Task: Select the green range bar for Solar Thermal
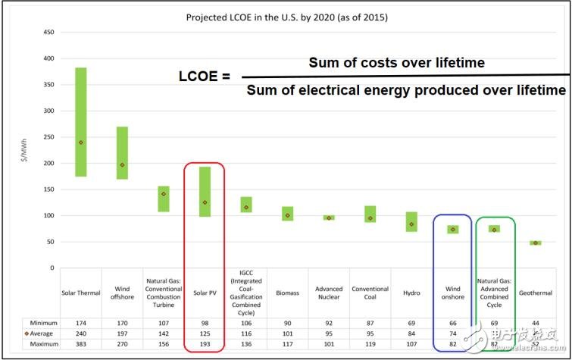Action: coord(80,122)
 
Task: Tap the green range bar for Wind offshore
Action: coord(122,153)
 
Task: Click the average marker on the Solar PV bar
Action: coord(205,202)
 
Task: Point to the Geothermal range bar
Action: coord(535,243)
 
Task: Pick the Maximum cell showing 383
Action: coord(80,345)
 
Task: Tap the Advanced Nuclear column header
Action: coord(329,292)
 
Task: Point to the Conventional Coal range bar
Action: coord(370,214)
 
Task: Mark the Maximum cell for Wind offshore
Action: coord(122,345)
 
